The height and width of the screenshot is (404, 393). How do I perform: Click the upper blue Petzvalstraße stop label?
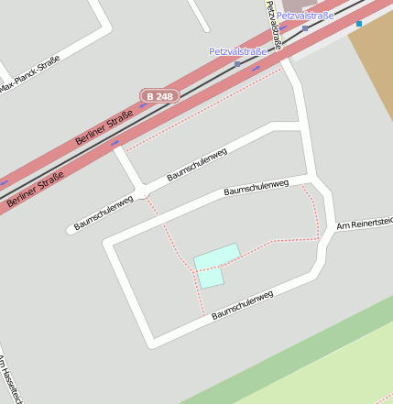coord(305,16)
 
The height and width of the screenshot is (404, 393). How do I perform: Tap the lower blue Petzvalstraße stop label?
coord(237,51)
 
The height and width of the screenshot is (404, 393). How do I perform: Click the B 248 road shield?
coord(158,95)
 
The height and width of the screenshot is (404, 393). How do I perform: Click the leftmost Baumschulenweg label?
coord(104,212)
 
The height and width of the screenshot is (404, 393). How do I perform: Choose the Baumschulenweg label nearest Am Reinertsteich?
coord(256,188)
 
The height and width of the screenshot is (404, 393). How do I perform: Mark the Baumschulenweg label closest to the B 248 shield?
coord(196,165)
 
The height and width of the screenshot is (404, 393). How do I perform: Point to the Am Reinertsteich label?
coord(365,222)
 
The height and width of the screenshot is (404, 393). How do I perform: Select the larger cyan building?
coord(217,257)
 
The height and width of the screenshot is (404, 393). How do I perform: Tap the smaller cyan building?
coord(211,277)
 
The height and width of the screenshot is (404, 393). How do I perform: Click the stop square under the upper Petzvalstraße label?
coord(305,27)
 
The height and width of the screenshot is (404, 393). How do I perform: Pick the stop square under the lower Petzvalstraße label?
coord(237,63)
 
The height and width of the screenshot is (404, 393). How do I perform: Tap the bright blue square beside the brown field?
coord(360,24)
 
